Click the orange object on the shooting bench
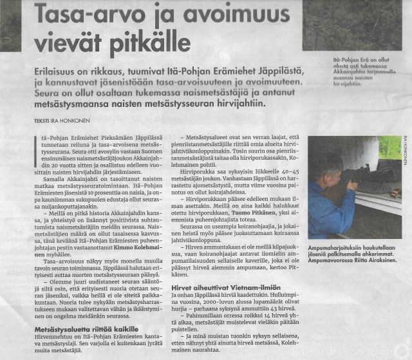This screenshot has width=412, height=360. tap(395, 193)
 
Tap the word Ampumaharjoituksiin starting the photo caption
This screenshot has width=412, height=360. tap(336, 246)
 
